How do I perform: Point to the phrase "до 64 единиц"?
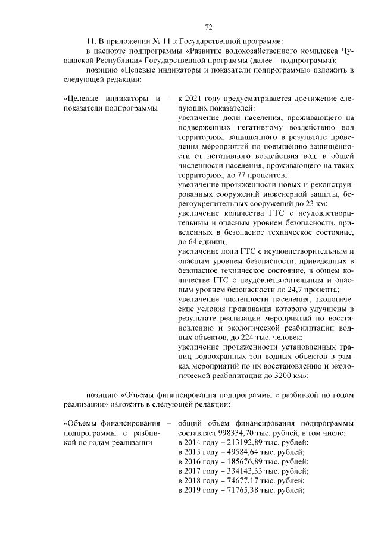point(202,242)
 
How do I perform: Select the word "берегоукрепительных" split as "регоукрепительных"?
point(217,204)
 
